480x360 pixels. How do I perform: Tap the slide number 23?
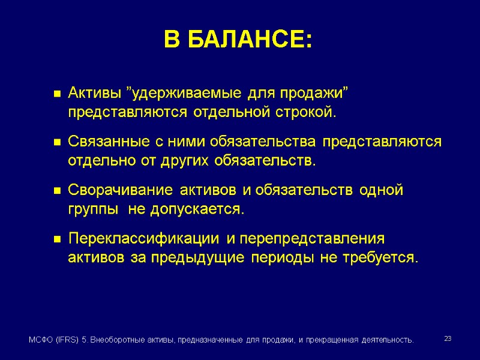(447, 340)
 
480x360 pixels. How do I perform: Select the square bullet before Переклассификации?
(57, 239)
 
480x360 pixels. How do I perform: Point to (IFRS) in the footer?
(68, 340)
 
